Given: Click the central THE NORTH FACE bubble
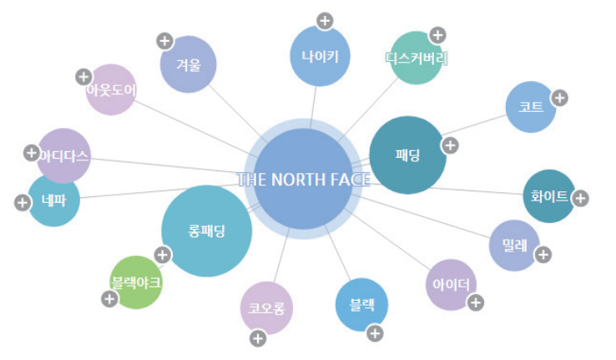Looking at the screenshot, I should (x=304, y=180).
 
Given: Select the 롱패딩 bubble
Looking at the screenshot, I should (x=206, y=231).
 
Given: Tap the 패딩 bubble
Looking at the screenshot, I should (x=408, y=155).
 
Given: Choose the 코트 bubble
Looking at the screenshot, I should (x=531, y=107).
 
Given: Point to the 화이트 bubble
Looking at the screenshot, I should (x=548, y=196).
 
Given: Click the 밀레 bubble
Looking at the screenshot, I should (x=514, y=246).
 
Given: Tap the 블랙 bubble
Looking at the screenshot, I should (x=361, y=305).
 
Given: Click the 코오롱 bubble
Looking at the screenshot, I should (x=266, y=308).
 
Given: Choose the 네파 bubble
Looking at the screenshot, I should (x=53, y=200).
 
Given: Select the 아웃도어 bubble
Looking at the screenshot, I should (x=111, y=89).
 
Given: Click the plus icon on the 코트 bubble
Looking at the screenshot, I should (x=559, y=97).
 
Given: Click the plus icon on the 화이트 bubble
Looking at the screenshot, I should (x=580, y=198).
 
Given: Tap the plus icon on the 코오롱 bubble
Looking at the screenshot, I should (x=258, y=338).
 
